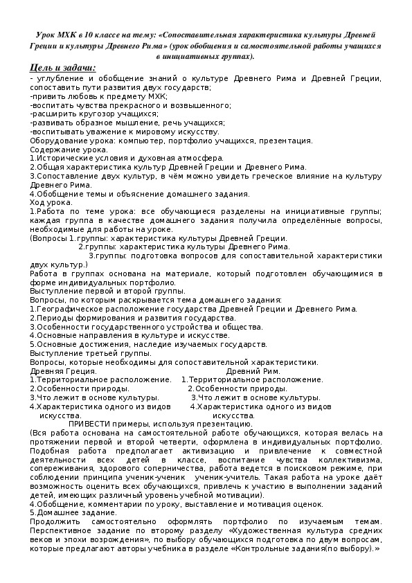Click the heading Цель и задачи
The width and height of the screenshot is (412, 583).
pyautogui.click(x=63, y=67)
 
